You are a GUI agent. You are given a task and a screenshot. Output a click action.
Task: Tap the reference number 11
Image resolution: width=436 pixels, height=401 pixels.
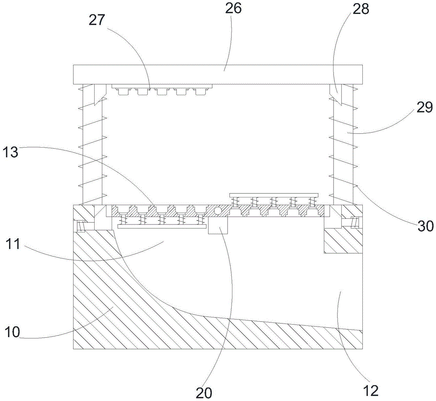click(16, 243)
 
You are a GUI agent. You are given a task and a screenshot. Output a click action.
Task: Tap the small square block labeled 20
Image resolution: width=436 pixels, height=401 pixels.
click(218, 226)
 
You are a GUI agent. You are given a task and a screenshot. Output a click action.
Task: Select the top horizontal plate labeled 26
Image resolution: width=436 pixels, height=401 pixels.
click(218, 74)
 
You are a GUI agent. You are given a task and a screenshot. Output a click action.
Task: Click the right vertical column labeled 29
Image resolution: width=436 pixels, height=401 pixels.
click(343, 144)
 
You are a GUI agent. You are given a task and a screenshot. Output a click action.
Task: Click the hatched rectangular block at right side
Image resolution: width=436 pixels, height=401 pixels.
click(343, 241)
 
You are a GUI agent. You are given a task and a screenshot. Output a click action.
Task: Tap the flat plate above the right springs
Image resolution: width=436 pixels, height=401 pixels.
click(274, 194)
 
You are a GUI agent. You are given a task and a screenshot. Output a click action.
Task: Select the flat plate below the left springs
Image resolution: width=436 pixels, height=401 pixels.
click(161, 227)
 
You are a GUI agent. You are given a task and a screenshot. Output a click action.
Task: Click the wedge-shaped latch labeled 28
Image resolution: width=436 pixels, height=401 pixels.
click(335, 94)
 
